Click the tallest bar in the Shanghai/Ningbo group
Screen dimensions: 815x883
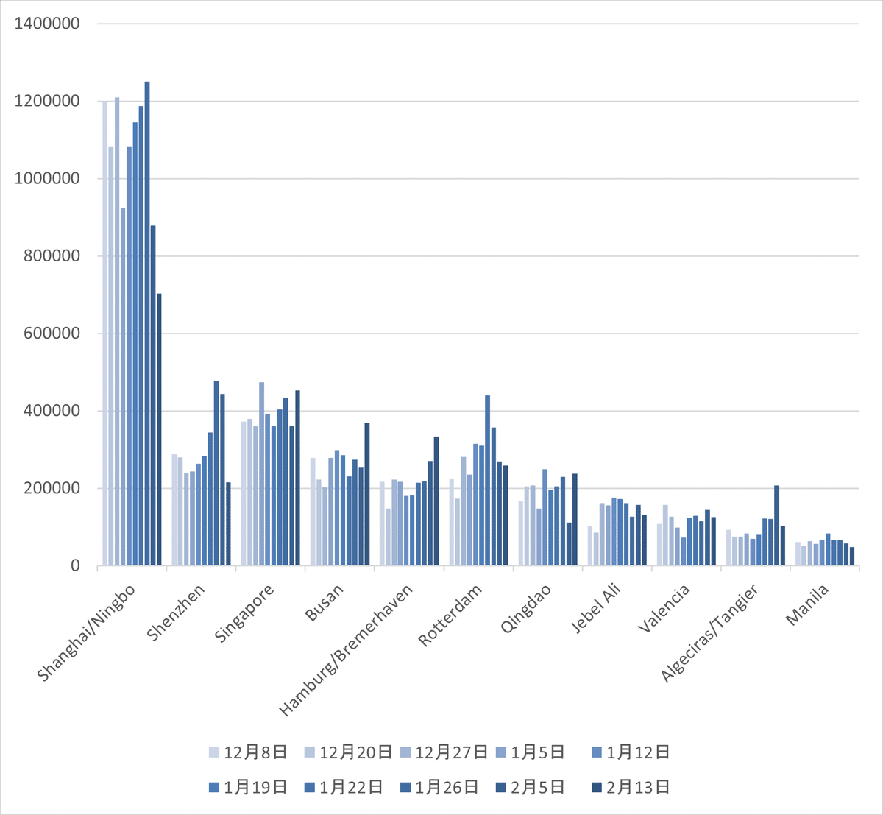click(x=147, y=324)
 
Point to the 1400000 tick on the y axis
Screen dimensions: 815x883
click(x=47, y=24)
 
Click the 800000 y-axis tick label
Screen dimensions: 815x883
click(x=47, y=256)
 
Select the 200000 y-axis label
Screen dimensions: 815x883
click(x=47, y=489)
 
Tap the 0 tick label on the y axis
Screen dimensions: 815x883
click(x=75, y=566)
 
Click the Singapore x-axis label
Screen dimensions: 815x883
click(x=245, y=613)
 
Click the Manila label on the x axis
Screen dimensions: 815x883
click(x=807, y=604)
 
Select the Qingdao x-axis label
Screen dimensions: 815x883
click(x=525, y=609)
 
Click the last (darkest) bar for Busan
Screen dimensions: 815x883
click(x=367, y=494)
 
